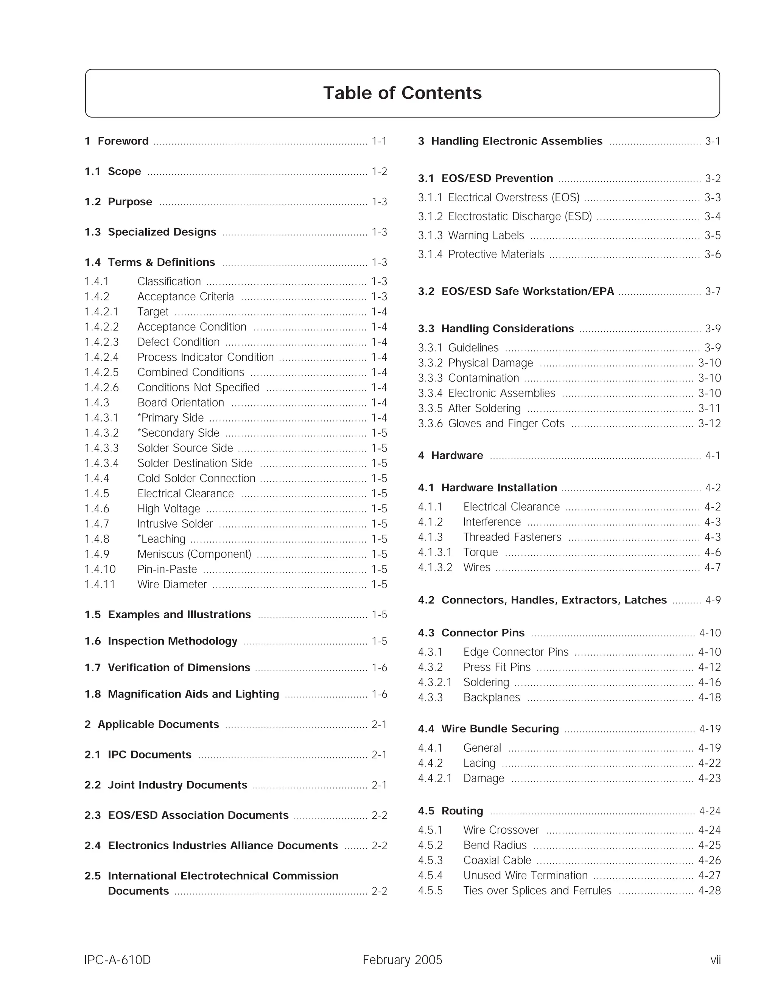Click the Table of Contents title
coord(402,93)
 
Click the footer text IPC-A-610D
coord(118,960)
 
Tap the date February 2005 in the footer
coord(402,960)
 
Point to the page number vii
coord(715,960)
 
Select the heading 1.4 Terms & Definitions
coord(150,262)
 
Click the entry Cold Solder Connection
coord(196,479)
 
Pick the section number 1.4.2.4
coord(101,357)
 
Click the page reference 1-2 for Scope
coord(379,172)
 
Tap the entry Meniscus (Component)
coord(194,554)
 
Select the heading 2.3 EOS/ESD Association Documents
coord(187,815)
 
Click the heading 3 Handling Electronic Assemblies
coord(510,141)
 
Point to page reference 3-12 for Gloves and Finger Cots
coord(710,423)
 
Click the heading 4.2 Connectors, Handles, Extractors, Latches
coord(542,600)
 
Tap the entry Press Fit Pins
coord(497,667)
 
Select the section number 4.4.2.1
coord(435,778)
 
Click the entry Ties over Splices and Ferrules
coord(537,890)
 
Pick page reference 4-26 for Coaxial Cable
coord(710,860)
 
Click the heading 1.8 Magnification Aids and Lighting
coord(182,694)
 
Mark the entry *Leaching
coord(161,539)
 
